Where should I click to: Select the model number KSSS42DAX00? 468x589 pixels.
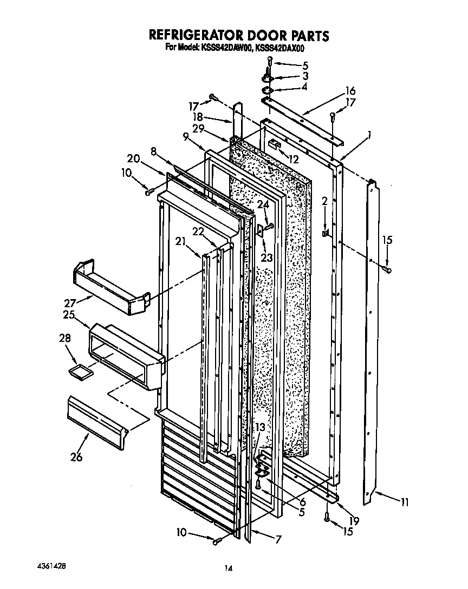click(281, 48)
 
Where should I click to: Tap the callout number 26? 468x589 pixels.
click(76, 457)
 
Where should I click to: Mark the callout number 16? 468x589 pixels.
click(350, 90)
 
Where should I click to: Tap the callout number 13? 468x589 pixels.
click(260, 428)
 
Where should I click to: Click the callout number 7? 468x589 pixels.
click(278, 539)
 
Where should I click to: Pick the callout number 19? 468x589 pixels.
click(354, 521)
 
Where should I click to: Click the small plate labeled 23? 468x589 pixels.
click(261, 231)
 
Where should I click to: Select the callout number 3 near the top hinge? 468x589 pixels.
click(305, 76)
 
